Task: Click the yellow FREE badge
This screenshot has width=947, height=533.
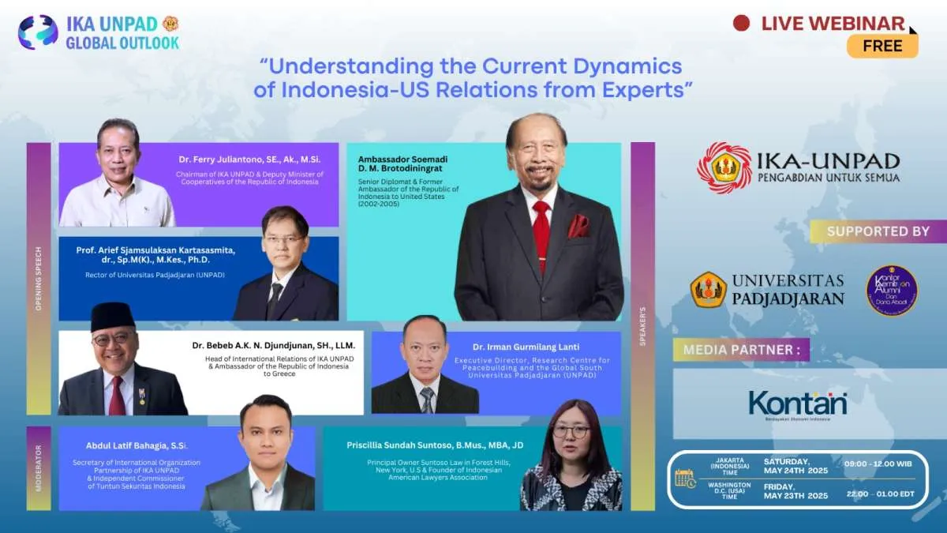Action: (x=882, y=46)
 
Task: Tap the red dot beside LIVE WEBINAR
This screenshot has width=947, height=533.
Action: (x=741, y=23)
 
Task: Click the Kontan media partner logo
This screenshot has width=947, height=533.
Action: (x=797, y=404)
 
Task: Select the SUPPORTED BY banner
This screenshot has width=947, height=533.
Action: (x=878, y=231)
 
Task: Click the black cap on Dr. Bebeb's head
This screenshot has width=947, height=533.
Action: (x=112, y=315)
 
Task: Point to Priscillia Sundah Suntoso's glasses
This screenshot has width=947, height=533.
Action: (x=571, y=431)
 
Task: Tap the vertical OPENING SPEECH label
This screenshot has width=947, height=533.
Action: (x=38, y=278)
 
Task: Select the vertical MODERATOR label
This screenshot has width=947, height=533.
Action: (x=38, y=467)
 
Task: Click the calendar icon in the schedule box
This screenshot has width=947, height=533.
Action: (x=684, y=478)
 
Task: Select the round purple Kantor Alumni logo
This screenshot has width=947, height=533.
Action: (x=892, y=291)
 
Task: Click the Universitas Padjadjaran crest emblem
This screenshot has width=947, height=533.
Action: (x=709, y=290)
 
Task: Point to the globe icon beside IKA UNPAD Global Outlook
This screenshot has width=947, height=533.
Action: (x=38, y=32)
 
